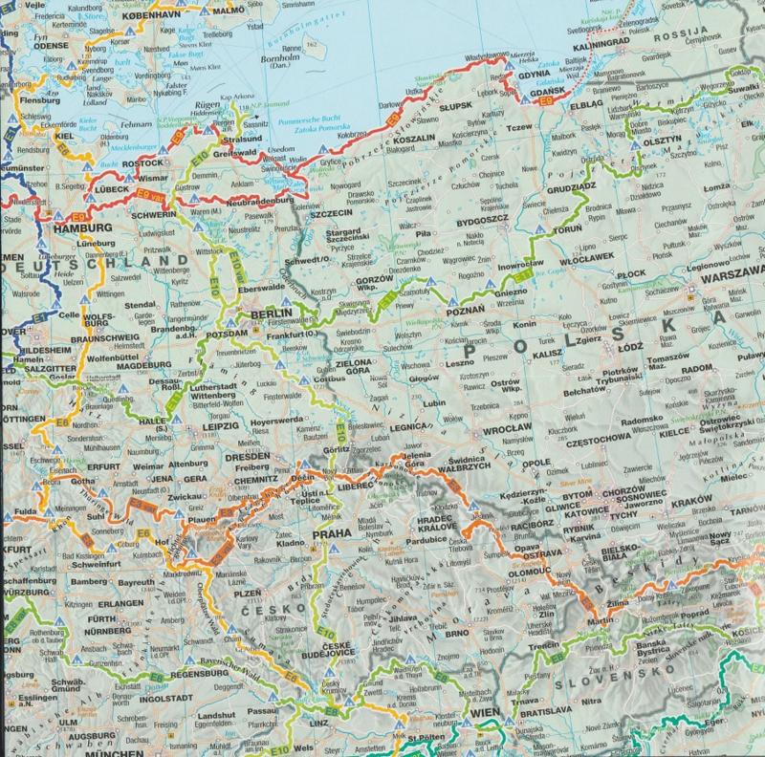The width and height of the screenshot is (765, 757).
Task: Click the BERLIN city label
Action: [x=269, y=314]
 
